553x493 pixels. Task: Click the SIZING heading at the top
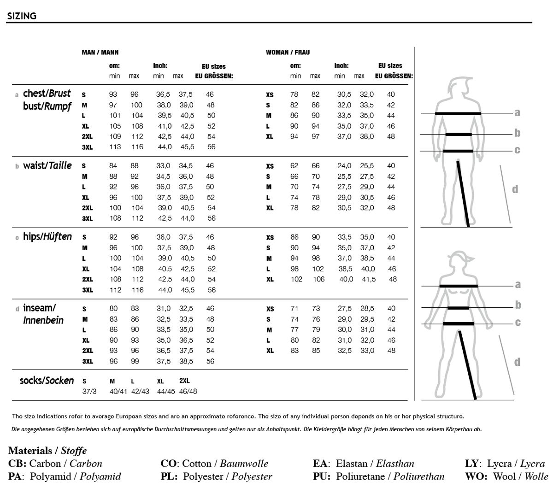(22, 16)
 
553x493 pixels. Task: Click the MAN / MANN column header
(100, 53)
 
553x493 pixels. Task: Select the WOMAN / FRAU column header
(288, 53)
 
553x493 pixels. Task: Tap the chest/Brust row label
(47, 94)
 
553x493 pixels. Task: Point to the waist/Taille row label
(47, 165)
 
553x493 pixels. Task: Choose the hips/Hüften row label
(47, 237)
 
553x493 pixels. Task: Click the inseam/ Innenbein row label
(43, 314)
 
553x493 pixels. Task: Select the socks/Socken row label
(47, 381)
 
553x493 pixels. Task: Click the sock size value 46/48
(188, 392)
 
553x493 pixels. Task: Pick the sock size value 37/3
(89, 392)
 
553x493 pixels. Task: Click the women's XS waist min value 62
(294, 166)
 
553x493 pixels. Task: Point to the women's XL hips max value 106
(318, 279)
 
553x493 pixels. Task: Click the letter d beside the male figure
(515, 189)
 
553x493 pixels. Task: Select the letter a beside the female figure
(518, 285)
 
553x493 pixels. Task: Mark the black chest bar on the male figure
(458, 113)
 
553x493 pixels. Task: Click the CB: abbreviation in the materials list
(18, 464)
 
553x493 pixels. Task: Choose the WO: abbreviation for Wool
(476, 476)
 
